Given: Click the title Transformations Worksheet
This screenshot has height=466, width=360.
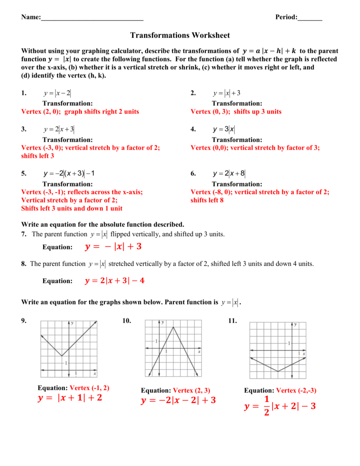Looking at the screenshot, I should [x=180, y=35].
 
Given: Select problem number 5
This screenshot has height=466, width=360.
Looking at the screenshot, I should [x=24, y=173].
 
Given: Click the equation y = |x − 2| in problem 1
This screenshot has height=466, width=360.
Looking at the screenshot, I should [x=57, y=93].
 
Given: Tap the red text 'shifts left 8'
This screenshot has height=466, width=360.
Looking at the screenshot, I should [x=207, y=200].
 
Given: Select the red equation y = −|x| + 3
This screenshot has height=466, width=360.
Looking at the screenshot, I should [x=113, y=247].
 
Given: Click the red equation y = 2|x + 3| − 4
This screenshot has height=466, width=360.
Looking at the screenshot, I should [x=115, y=281].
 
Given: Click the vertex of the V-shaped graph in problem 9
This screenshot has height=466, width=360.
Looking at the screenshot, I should [x=62, y=356].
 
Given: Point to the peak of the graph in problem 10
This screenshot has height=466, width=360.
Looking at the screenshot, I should [x=173, y=327].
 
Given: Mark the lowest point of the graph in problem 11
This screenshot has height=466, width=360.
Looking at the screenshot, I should [x=278, y=372].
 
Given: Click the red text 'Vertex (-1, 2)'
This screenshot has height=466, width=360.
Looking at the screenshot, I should [x=89, y=388].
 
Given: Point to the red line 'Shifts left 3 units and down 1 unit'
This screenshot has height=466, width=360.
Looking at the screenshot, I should [x=72, y=208].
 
